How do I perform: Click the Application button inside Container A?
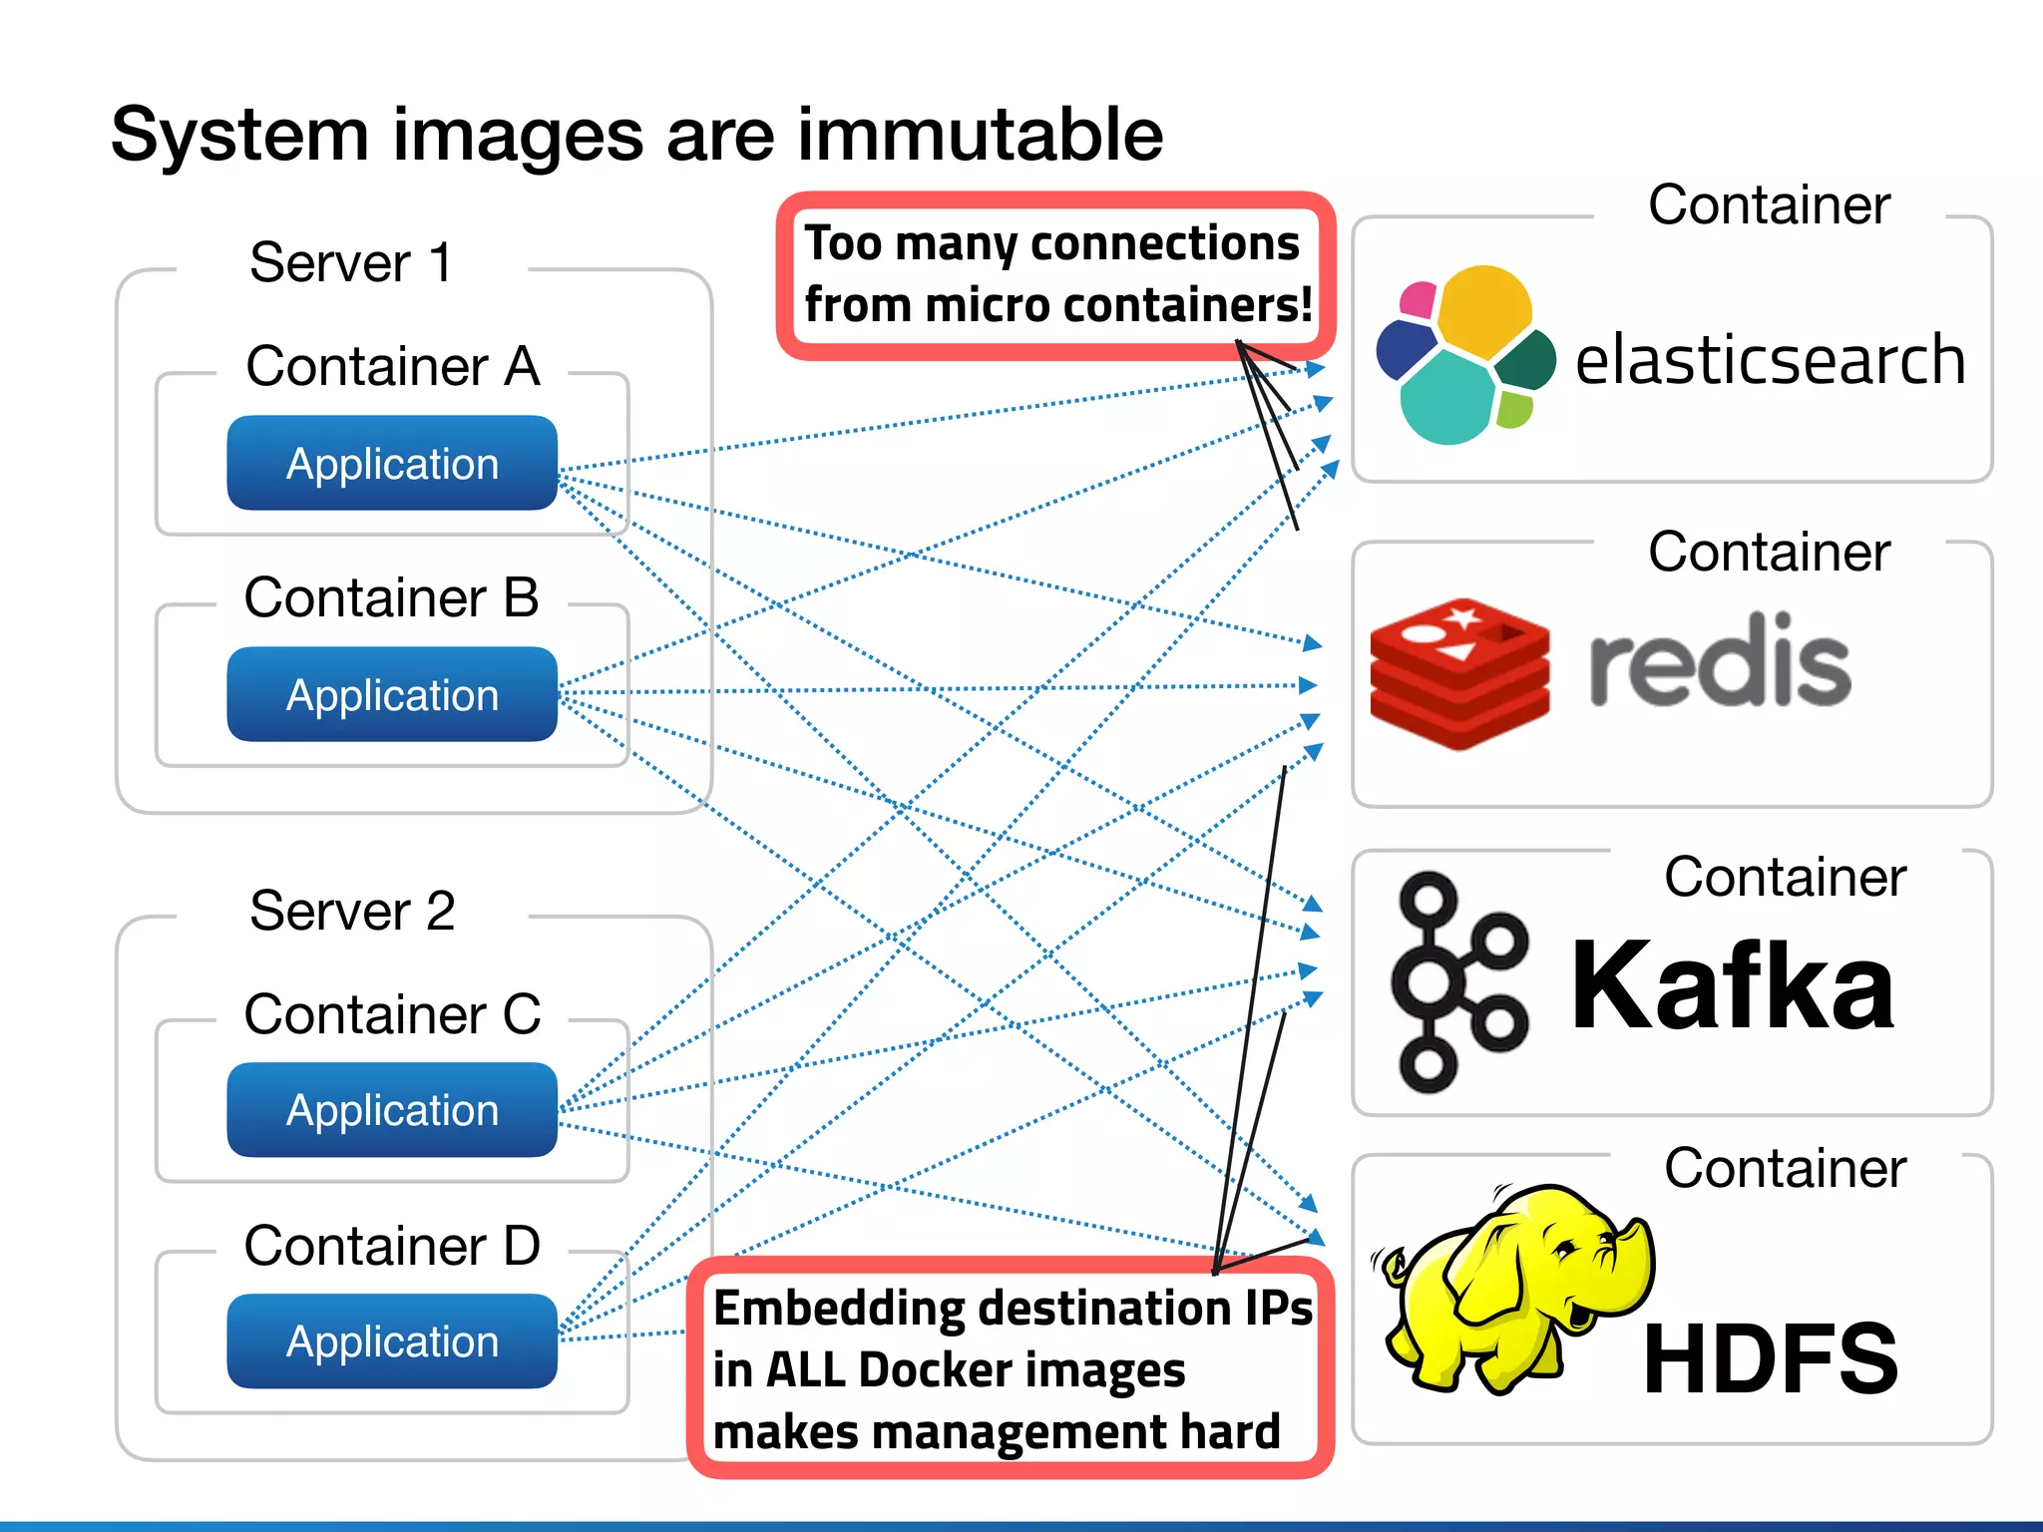[x=392, y=464]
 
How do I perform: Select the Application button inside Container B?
[x=392, y=695]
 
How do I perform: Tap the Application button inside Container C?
[x=392, y=1110]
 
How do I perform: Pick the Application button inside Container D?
[x=392, y=1341]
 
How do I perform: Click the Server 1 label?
[x=351, y=263]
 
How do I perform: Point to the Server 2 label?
[x=352, y=911]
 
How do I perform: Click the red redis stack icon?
[x=1459, y=674]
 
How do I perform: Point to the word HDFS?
[x=1770, y=1359]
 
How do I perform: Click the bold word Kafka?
[x=1732, y=986]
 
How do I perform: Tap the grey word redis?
[x=1719, y=661]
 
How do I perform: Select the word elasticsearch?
[x=1770, y=360]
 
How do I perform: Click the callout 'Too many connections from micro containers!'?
[x=1055, y=274]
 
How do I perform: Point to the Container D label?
[x=392, y=1246]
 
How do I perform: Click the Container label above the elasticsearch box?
[x=1769, y=205]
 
